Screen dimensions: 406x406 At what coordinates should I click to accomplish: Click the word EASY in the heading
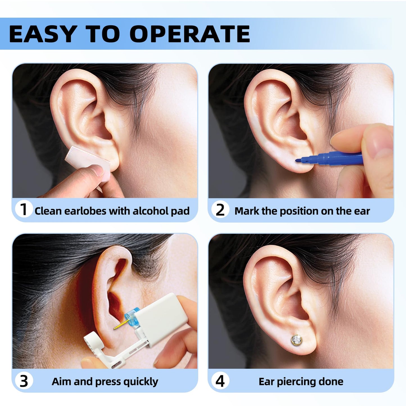coord(42,34)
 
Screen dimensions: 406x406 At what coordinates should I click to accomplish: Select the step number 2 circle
coord(220,210)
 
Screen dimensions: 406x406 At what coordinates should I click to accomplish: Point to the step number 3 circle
coord(24,381)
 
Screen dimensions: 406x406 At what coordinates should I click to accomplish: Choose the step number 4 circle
coord(220,381)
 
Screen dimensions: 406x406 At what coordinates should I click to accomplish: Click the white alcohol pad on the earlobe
coord(87,160)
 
